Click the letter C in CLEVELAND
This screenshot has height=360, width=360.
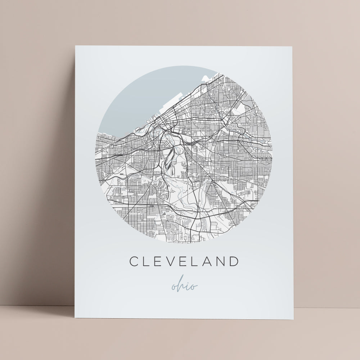[134, 261]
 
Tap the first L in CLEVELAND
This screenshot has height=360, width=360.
[147, 261]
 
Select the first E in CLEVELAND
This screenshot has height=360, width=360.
[158, 261]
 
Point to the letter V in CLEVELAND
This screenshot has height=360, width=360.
[171, 261]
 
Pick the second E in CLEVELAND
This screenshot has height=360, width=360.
[184, 261]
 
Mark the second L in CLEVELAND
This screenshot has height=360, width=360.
[195, 261]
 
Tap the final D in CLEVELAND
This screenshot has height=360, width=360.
[235, 261]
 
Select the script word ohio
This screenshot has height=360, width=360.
[184, 286]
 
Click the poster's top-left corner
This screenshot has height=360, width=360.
[76, 46]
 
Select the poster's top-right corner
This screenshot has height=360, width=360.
[283, 47]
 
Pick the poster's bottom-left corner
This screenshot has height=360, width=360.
[75, 318]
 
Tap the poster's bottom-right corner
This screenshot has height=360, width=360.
[293, 319]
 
